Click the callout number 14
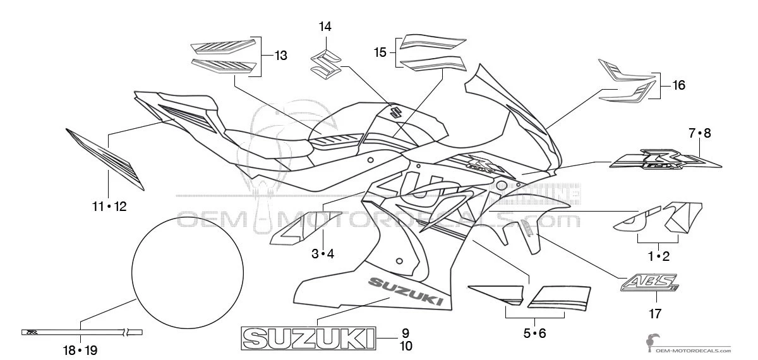coord(325,27)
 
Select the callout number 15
coord(380,52)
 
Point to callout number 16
coord(678,85)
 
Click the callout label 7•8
coord(699,133)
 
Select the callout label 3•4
coord(322,254)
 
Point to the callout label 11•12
coord(108,206)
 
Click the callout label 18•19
coord(81,349)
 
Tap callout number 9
coord(406,333)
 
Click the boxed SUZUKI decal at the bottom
coord(308,338)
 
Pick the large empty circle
coord(188,268)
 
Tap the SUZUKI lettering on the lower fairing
coord(403,290)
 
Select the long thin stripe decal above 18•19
coord(81,332)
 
